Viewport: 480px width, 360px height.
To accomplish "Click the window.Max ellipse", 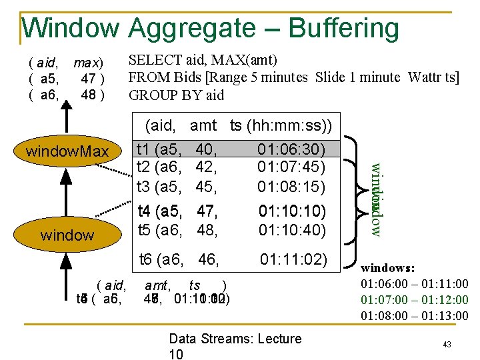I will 67,152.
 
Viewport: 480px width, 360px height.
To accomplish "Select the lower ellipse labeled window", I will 67,235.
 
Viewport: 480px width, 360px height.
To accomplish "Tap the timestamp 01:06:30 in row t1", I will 291,148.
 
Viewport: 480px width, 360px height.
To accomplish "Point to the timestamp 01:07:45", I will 291,167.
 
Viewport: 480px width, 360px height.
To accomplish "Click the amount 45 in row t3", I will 207,186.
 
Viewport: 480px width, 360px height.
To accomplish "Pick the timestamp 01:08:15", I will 291,186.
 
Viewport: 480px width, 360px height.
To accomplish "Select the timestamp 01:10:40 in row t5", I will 291,230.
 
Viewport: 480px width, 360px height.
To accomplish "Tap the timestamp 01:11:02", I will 293,258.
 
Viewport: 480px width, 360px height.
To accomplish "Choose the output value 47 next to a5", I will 87,79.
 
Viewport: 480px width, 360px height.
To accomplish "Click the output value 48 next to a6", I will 87,95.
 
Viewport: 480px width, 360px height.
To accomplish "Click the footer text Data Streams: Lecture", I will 235,339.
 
